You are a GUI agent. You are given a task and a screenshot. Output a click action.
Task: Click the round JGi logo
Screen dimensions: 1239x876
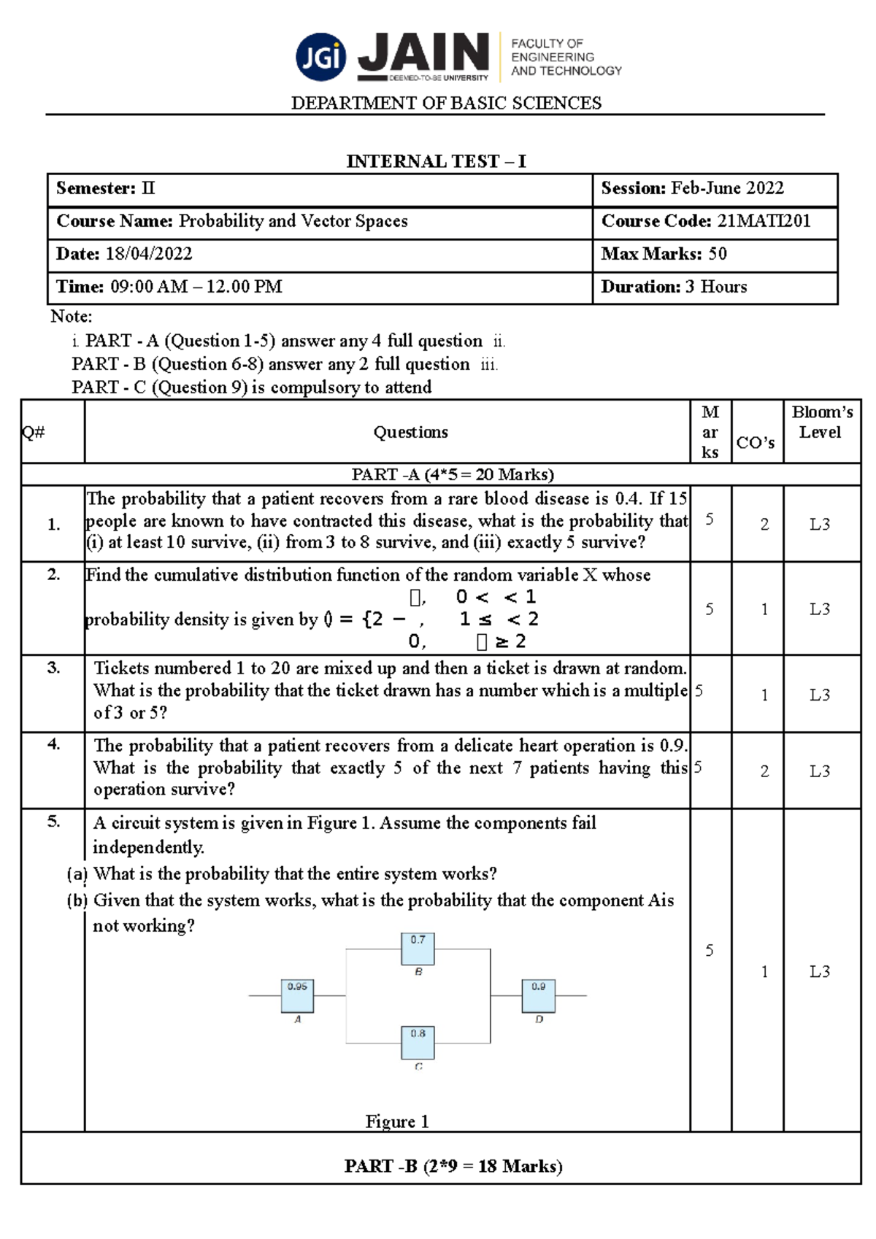(x=321, y=56)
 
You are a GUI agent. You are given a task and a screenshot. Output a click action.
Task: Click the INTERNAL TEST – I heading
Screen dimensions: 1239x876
(x=436, y=161)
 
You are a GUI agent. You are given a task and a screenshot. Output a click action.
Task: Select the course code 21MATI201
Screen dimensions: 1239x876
(x=764, y=221)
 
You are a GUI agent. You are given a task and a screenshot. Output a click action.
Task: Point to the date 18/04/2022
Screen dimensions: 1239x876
(x=149, y=254)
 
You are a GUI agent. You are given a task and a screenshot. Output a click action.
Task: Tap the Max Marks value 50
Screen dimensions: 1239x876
(x=718, y=254)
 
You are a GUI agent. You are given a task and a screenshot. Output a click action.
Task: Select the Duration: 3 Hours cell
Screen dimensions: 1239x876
(x=674, y=287)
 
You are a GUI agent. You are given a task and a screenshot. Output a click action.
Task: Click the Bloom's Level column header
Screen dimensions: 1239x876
(x=821, y=422)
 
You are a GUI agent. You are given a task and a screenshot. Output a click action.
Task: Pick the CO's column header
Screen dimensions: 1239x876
(x=756, y=442)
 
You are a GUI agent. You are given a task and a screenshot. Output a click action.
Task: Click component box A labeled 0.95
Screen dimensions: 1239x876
(x=297, y=995)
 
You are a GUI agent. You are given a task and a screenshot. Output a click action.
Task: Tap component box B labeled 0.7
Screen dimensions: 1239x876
(x=418, y=949)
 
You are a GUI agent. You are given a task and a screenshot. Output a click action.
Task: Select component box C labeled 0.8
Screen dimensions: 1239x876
(x=418, y=1042)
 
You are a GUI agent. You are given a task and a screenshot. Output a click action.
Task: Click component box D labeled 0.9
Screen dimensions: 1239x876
(x=538, y=995)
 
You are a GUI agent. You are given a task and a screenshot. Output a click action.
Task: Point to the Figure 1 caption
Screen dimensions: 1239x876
(x=397, y=1122)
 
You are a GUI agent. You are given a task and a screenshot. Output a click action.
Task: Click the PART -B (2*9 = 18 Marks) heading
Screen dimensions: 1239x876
(x=453, y=1166)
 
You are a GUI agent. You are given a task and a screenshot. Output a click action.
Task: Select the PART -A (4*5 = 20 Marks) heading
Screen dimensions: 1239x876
(x=453, y=474)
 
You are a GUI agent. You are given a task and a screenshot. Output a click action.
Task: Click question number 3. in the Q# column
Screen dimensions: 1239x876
(x=53, y=668)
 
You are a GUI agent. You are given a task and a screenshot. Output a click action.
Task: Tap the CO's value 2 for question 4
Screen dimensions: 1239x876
(x=764, y=771)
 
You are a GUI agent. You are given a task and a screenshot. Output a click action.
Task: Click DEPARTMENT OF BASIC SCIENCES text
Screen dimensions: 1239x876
(x=446, y=103)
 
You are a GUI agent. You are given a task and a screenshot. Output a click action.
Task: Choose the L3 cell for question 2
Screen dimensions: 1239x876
(x=820, y=609)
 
